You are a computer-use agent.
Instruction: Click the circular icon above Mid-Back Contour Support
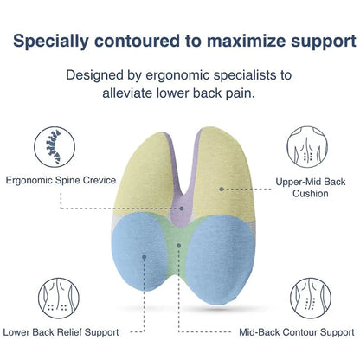coord(311,298)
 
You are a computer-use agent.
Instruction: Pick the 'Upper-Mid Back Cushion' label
coord(310,188)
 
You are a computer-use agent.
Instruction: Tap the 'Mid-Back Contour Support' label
coord(297,331)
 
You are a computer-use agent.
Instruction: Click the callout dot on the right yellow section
coord(222,188)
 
